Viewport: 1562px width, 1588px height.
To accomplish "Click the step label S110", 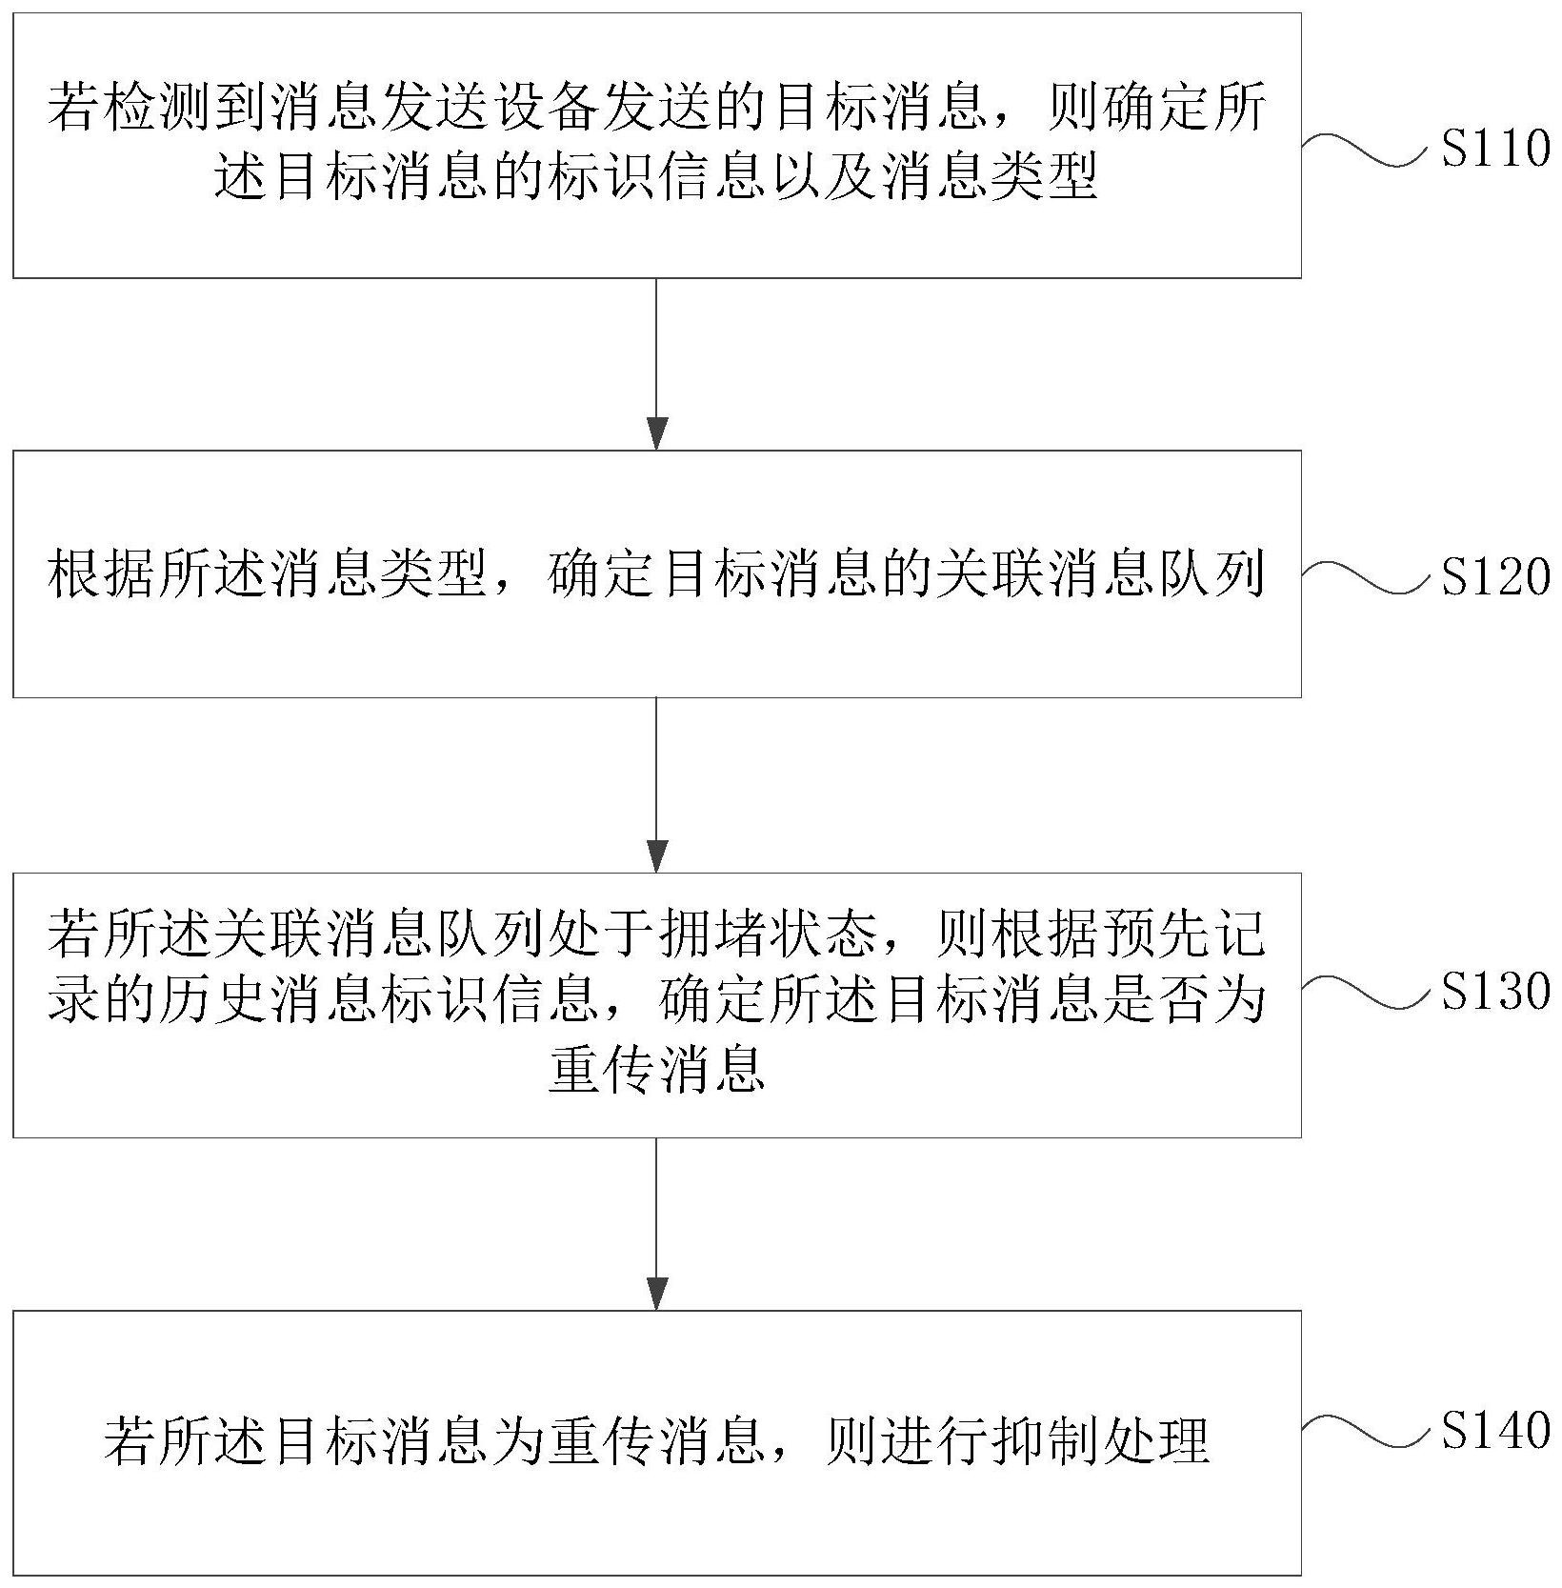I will [1495, 150].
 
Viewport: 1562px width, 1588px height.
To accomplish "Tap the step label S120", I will [1495, 576].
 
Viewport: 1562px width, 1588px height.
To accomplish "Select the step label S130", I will [1495, 992].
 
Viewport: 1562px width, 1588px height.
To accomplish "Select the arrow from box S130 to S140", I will [657, 1223].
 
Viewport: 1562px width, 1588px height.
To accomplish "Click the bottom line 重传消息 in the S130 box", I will [657, 1068].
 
